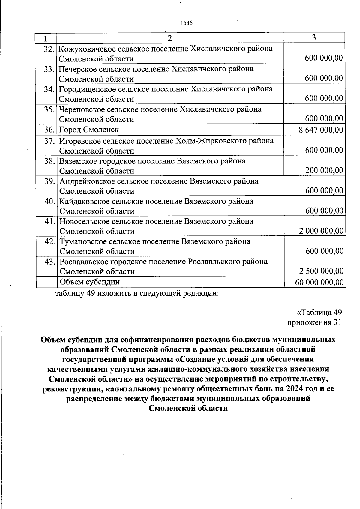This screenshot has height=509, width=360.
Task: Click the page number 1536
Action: pyautogui.click(x=186, y=23)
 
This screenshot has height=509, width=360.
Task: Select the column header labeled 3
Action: pyautogui.click(x=314, y=38)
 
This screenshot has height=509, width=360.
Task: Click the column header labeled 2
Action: pyautogui.click(x=170, y=38)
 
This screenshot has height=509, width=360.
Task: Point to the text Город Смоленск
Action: pyautogui.click(x=89, y=130)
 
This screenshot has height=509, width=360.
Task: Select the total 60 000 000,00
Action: pyautogui.click(x=319, y=282)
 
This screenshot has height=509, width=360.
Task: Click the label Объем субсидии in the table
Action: pyautogui.click(x=90, y=282)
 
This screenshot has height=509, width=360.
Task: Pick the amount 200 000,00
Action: pyautogui.click(x=324, y=170)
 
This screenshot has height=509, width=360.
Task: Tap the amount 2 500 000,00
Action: pyautogui.click(x=321, y=271)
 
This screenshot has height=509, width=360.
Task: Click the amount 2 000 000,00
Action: pyautogui.click(x=321, y=231)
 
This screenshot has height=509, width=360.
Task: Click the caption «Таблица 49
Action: pyautogui.click(x=319, y=313)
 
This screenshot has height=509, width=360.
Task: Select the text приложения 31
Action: pyautogui.click(x=314, y=322)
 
